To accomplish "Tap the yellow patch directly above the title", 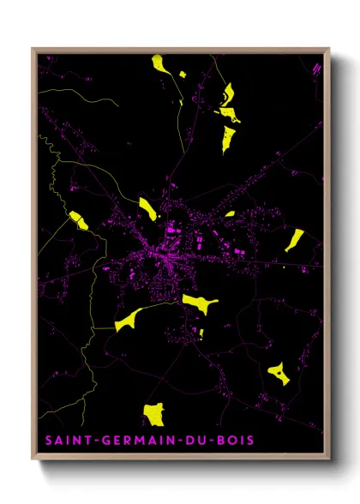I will tap(153, 415).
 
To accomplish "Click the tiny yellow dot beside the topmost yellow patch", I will tap(181, 75).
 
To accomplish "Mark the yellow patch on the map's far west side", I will tap(78, 220).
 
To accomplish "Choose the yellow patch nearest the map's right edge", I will tap(294, 239).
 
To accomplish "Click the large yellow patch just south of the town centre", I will tap(200, 302).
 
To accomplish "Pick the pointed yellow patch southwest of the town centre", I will tap(127, 320).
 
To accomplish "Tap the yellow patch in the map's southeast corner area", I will tap(278, 373).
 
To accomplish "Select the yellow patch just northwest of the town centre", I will tap(148, 207).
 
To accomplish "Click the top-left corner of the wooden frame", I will tap(33, 49).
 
